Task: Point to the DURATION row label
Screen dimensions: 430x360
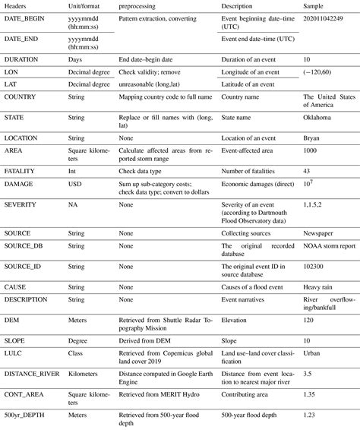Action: coord(22,58)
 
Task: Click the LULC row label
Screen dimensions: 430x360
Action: coord(16,356)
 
